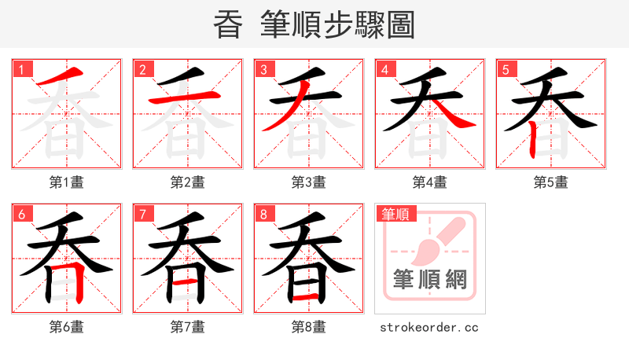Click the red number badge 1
[x=21, y=69]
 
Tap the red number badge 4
[x=384, y=69]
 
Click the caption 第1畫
[x=66, y=182]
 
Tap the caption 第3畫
[x=308, y=182]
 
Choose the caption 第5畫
[x=550, y=182]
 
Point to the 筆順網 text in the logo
[x=429, y=279]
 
